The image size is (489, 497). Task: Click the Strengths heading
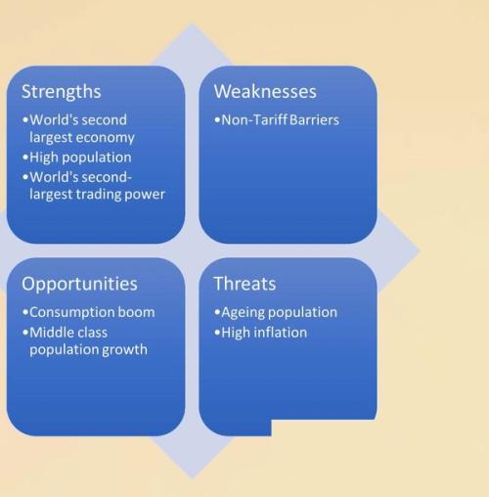62,92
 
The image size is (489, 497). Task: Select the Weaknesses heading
265,91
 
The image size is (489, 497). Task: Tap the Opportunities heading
79,284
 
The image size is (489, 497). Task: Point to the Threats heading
244,284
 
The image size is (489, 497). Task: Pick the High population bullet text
80,158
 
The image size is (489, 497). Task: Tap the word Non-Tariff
254,120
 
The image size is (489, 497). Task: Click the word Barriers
314,120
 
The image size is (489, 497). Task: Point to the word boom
136,312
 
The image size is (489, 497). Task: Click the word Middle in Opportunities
51,333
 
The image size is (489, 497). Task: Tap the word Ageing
242,313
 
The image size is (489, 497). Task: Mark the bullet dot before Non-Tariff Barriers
217,120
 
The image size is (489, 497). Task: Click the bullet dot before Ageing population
217,312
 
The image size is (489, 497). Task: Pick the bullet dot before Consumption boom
25,312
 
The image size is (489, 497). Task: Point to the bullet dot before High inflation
217,333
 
